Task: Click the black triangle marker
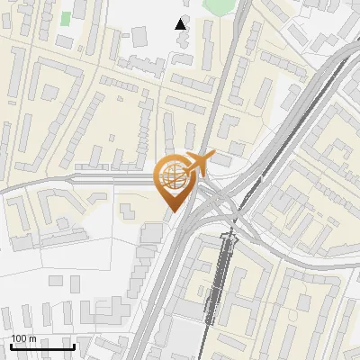pyautogui.click(x=182, y=24)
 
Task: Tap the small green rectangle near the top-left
pyautogui.click(x=66, y=18)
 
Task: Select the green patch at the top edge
pyautogui.click(x=219, y=5)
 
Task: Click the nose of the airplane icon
pyautogui.click(x=211, y=157)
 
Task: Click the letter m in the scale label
pyautogui.click(x=32, y=338)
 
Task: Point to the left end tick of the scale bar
pyautogui.click(x=10, y=346)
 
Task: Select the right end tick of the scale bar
pyautogui.click(x=74, y=346)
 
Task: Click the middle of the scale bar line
pyautogui.click(x=41, y=346)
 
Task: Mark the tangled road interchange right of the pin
pyautogui.click(x=225, y=198)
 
